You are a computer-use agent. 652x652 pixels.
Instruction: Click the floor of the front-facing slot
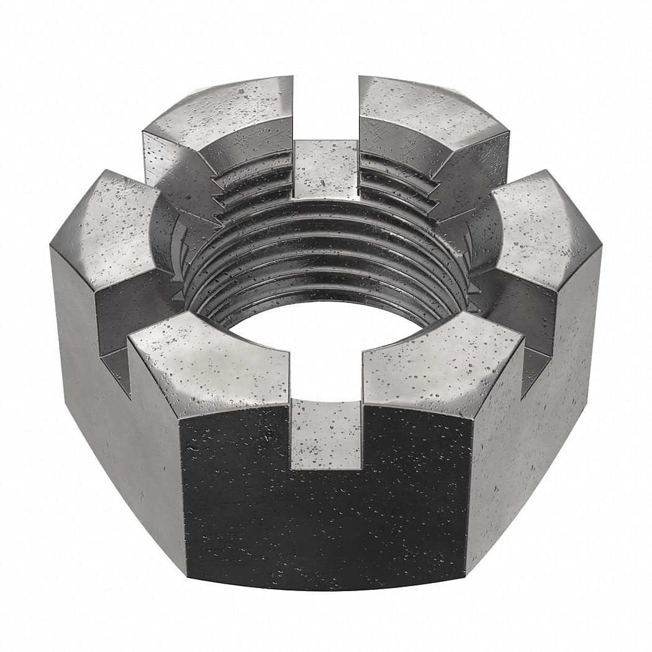pyautogui.click(x=325, y=435)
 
